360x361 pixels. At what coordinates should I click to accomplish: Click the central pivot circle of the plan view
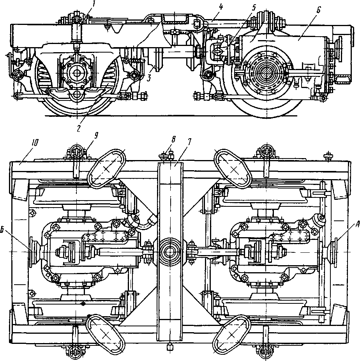[x=170, y=251]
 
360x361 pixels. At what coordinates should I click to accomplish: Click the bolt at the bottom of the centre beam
[x=170, y=346]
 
